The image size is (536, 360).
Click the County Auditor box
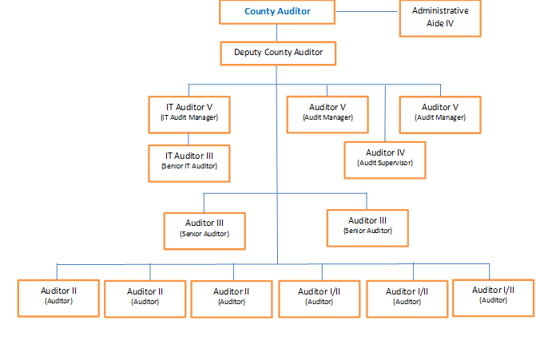[x=276, y=12]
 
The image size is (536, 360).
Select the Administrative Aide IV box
[x=439, y=18]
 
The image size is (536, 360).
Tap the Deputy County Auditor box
[x=277, y=53]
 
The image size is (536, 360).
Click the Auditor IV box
[x=384, y=157]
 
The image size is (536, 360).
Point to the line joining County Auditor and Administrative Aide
[x=367, y=12]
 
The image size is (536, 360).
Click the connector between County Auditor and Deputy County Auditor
[x=277, y=32]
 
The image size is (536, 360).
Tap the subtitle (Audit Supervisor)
[x=384, y=163]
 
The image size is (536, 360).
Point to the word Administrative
[x=440, y=11]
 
